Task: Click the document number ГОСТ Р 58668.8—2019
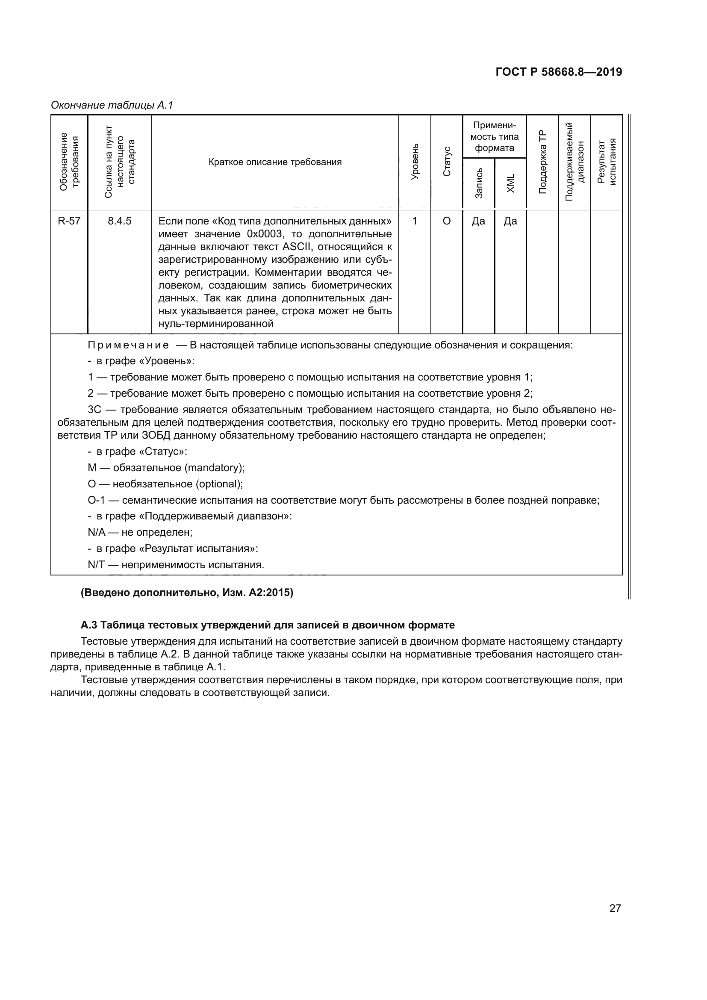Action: click(559, 72)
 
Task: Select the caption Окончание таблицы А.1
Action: click(112, 105)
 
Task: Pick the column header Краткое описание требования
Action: click(275, 162)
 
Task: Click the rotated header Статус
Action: click(447, 162)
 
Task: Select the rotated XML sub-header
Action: click(511, 183)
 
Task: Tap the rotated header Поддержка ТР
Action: click(542, 162)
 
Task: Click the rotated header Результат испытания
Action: click(607, 162)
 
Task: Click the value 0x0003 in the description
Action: click(265, 234)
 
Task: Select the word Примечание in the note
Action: click(128, 345)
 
